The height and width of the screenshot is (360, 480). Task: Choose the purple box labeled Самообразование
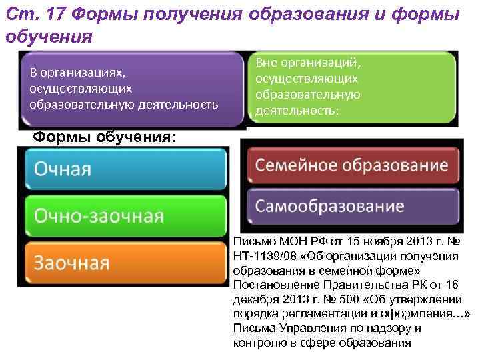coord(353,205)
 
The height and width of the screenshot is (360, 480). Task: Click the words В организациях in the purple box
coord(74,72)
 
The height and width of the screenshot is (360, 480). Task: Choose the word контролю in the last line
coord(257,343)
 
